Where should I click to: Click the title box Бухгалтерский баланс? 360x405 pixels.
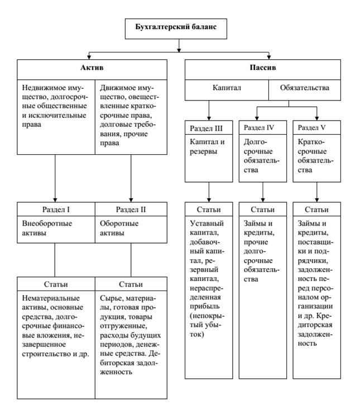176,28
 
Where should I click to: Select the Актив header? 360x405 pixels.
92,68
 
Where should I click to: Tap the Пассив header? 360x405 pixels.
263,68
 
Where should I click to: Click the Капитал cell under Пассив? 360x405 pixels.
227,88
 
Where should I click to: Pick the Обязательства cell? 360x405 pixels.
305,88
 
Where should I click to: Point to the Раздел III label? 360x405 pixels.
206,128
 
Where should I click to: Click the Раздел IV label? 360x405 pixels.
259,127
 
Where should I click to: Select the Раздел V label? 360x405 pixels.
311,127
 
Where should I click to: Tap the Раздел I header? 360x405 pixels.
56,209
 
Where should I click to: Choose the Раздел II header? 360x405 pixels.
131,209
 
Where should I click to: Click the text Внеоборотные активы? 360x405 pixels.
47,228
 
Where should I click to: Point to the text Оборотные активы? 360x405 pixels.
119,228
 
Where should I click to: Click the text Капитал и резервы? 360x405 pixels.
207,146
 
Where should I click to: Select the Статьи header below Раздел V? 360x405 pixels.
316,209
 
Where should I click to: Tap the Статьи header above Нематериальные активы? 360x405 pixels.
56,284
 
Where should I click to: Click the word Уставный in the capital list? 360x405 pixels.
207,223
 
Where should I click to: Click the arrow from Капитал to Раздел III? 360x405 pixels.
209,110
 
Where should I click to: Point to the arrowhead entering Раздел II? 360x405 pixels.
131,200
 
